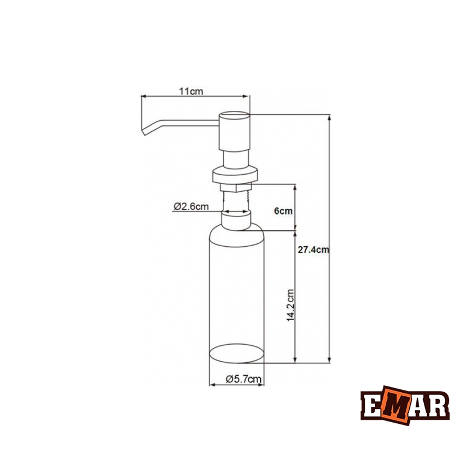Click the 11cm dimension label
(x=192, y=91)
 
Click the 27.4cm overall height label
(x=312, y=249)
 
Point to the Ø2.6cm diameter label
(x=191, y=206)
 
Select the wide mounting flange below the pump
(x=235, y=174)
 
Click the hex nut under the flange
(x=235, y=187)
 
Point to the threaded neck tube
(x=235, y=201)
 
